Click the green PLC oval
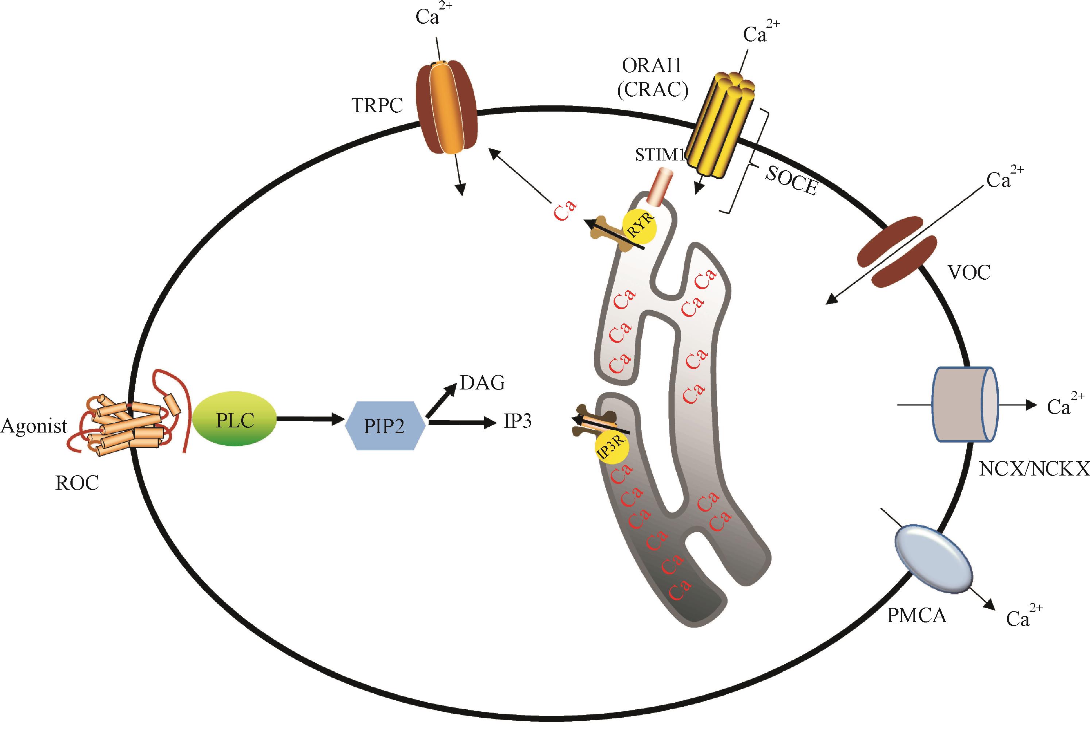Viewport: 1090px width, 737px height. (x=235, y=420)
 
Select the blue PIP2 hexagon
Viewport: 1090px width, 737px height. (x=384, y=426)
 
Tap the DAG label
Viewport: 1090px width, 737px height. (x=482, y=383)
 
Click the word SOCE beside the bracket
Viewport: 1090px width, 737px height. (x=792, y=181)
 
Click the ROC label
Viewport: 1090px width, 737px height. (x=77, y=483)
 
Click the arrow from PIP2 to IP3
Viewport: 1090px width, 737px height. (x=462, y=423)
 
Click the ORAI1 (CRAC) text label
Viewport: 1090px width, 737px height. (x=652, y=78)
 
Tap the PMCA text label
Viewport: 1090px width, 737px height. (x=916, y=615)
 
